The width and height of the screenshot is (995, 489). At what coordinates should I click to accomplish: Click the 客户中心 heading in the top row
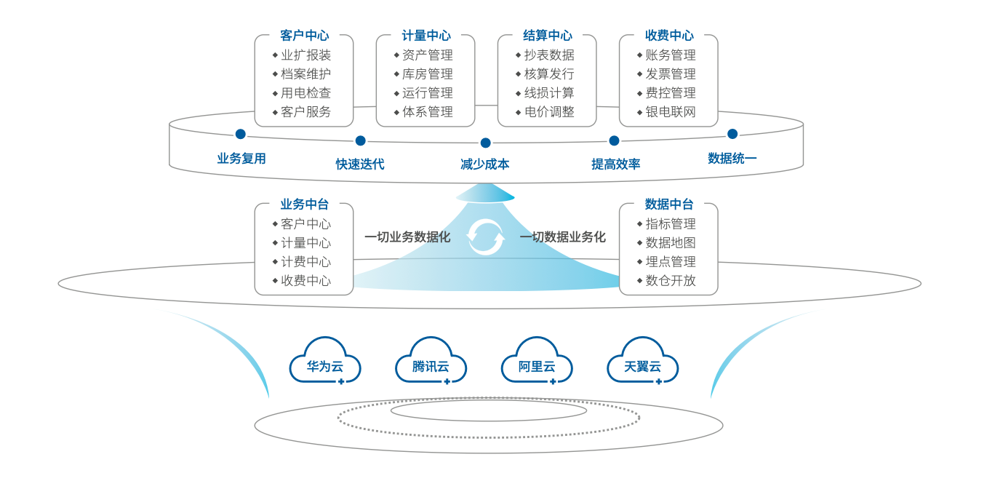(304, 35)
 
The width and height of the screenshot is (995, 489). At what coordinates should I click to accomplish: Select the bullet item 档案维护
(306, 73)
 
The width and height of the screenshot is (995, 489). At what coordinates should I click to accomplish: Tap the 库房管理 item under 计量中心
(428, 73)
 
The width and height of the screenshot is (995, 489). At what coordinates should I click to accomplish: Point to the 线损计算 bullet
(549, 93)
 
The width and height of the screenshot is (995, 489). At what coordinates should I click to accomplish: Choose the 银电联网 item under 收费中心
(671, 112)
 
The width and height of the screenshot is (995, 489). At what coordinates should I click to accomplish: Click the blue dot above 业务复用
(240, 134)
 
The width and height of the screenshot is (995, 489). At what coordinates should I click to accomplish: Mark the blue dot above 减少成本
(486, 143)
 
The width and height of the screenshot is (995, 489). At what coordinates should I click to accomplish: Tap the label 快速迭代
(360, 164)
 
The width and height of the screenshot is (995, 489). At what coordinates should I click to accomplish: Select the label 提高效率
(615, 164)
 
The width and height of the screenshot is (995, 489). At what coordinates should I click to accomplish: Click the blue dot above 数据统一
(732, 133)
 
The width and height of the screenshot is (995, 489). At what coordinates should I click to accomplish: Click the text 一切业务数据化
(407, 237)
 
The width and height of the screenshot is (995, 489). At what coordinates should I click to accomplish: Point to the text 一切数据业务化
(563, 237)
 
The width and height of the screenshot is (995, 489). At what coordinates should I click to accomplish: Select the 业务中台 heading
(304, 204)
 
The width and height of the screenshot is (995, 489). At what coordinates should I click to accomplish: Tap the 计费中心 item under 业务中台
(306, 262)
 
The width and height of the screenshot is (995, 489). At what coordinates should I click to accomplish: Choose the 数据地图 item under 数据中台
(671, 243)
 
